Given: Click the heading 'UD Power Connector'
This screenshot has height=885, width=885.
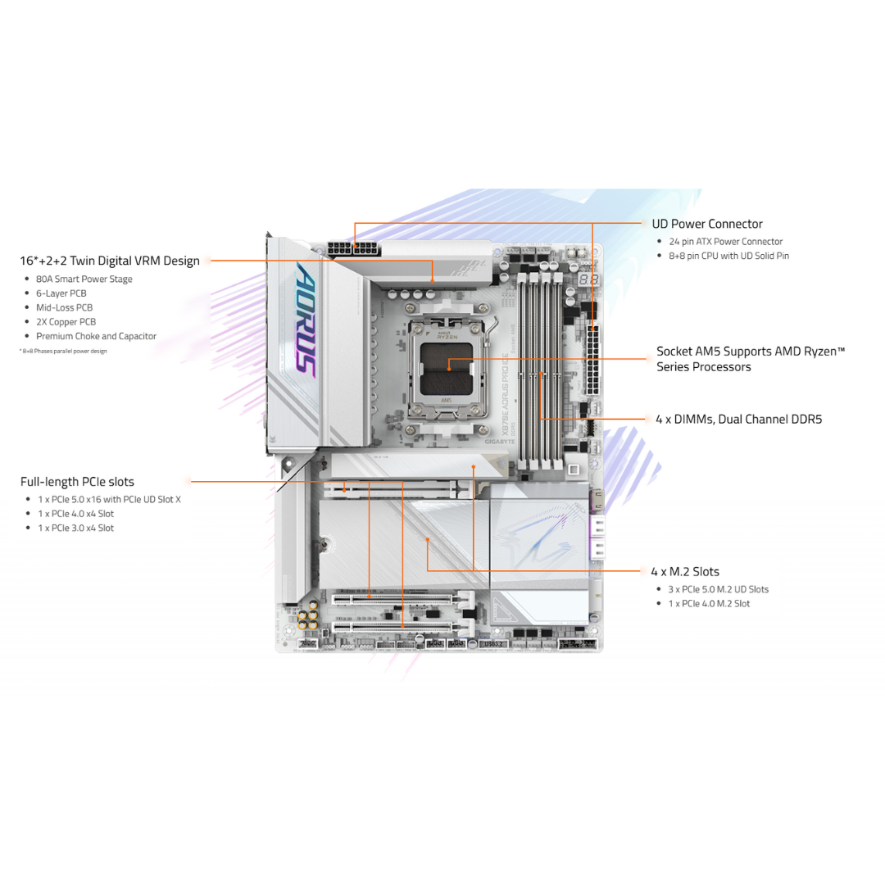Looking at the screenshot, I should pos(706,224).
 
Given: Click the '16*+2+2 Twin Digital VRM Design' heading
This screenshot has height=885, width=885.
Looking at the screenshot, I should pos(110,261).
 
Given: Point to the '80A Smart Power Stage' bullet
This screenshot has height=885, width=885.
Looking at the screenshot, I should pos(84,279).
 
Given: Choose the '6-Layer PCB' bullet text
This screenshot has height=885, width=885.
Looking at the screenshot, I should pos(61,293).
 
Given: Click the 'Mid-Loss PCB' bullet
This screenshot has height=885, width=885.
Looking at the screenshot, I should pos(64,307).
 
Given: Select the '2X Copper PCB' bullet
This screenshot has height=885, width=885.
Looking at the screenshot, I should pos(66,322).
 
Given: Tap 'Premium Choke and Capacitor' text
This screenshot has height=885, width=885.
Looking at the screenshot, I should pos(96,336).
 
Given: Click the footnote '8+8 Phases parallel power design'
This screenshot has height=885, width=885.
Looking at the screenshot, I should pos(63,351).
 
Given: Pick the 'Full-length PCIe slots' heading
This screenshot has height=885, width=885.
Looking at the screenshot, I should pos(77,482).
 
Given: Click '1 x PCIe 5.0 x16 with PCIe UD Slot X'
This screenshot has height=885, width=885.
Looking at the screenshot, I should pos(109,499).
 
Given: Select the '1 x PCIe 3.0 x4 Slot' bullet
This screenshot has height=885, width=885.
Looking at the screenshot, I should pos(75,528).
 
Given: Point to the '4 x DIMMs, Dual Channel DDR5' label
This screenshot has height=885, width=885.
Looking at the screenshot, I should pos(738,419).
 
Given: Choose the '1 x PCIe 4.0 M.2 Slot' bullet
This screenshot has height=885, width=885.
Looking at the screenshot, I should pos(710,603).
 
